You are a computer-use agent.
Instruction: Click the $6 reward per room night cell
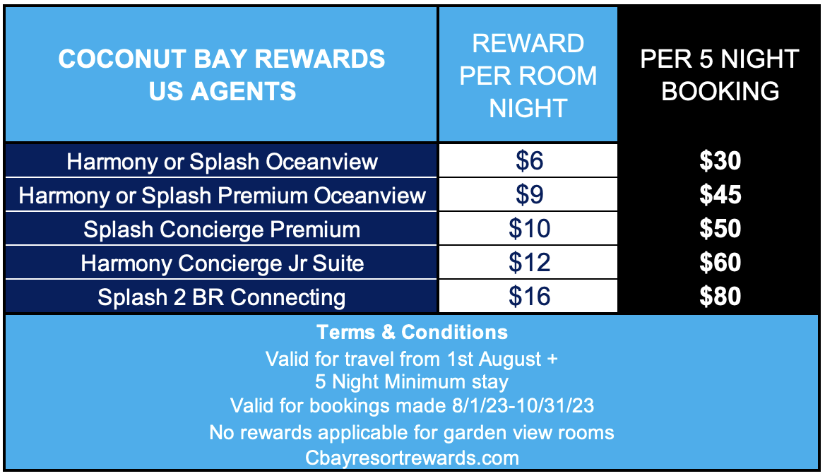pyautogui.click(x=528, y=160)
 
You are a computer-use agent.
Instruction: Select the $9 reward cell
pyautogui.click(x=528, y=195)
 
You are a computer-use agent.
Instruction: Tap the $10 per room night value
pyautogui.click(x=528, y=228)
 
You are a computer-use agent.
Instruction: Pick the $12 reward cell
pyautogui.click(x=528, y=262)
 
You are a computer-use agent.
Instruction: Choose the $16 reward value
pyautogui.click(x=528, y=296)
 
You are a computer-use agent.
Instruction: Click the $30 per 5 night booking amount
pyautogui.click(x=720, y=160)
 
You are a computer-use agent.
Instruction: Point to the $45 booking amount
pyautogui.click(x=720, y=195)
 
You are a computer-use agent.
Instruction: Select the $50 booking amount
pyautogui.click(x=720, y=228)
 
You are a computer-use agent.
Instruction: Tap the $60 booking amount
pyautogui.click(x=720, y=262)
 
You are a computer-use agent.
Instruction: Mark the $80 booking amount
pyautogui.click(x=720, y=296)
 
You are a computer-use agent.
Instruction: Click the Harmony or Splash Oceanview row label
pyautogui.click(x=222, y=162)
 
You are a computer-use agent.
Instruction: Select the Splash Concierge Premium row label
pyautogui.click(x=222, y=230)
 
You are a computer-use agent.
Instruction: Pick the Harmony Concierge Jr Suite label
pyautogui.click(x=222, y=263)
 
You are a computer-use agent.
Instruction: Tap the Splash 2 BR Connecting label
pyautogui.click(x=222, y=297)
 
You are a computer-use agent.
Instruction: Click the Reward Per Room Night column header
pyautogui.click(x=528, y=76)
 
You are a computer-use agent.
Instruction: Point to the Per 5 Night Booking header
pyautogui.click(x=720, y=75)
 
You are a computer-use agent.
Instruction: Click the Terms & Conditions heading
pyautogui.click(x=412, y=333)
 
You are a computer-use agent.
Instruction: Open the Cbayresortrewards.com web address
pyautogui.click(x=412, y=458)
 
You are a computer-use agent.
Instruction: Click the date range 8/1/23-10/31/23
pyautogui.click(x=523, y=405)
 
